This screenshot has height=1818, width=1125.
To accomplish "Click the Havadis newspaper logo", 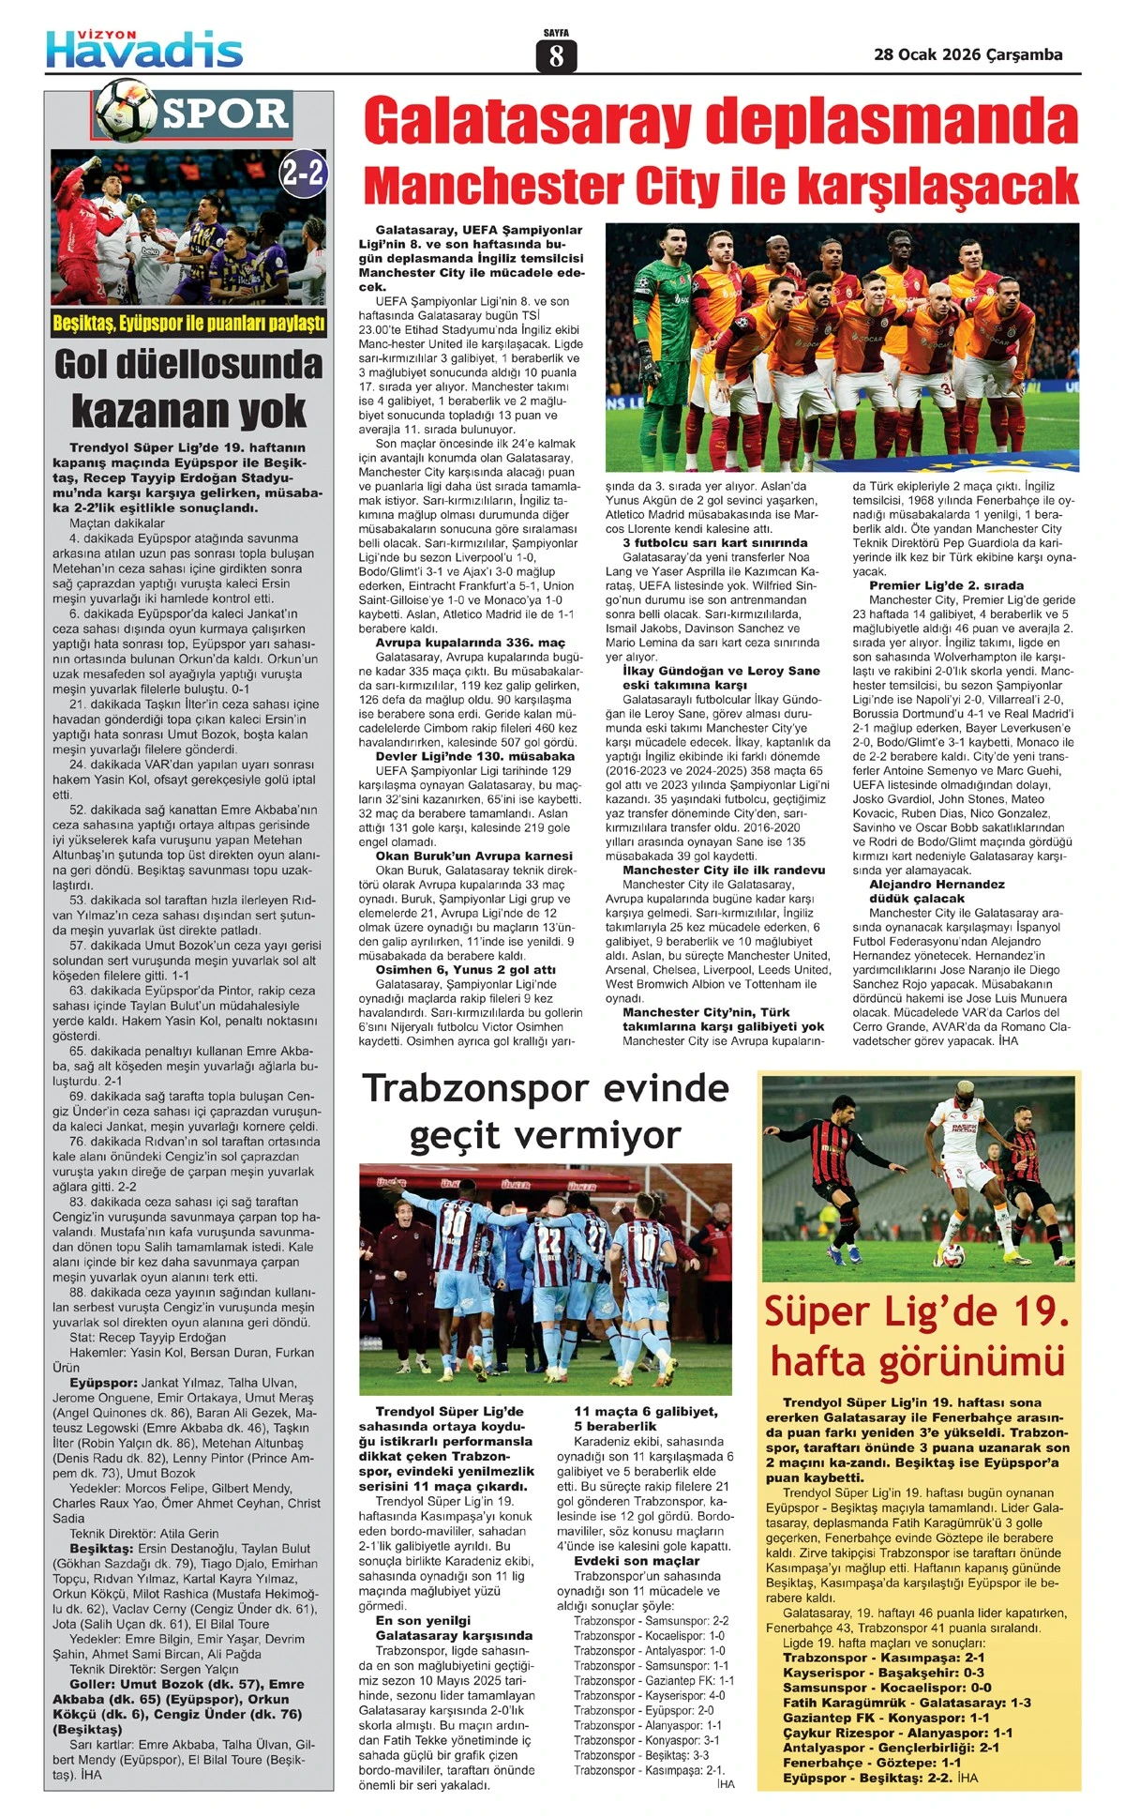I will click(x=144, y=49).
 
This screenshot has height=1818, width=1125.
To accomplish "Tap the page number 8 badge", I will click(x=556, y=56).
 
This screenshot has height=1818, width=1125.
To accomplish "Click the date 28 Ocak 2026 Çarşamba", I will click(x=967, y=54).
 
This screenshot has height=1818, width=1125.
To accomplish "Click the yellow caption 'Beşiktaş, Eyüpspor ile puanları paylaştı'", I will click(x=188, y=324).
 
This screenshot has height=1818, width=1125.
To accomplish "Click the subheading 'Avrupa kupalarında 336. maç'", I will click(x=470, y=643).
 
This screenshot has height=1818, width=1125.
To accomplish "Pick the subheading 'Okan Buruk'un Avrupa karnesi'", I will click(x=473, y=856).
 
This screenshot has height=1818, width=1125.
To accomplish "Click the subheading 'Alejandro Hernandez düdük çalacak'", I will click(x=923, y=891).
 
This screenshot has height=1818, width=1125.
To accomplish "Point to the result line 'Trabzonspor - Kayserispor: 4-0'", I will click(x=650, y=1695).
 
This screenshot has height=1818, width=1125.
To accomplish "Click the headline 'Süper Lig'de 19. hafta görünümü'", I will click(x=917, y=1335).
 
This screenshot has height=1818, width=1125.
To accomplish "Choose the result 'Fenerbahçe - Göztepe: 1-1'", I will click(x=872, y=1763).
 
